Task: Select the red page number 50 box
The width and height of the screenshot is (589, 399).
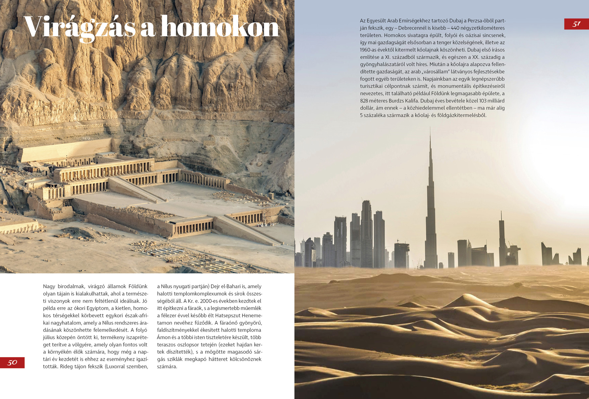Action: click(12, 362)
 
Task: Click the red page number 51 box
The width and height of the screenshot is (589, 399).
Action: click(576, 24)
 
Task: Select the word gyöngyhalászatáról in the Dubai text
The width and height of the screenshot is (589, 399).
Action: click(381, 65)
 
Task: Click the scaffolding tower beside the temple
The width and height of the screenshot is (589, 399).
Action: click(266, 214)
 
